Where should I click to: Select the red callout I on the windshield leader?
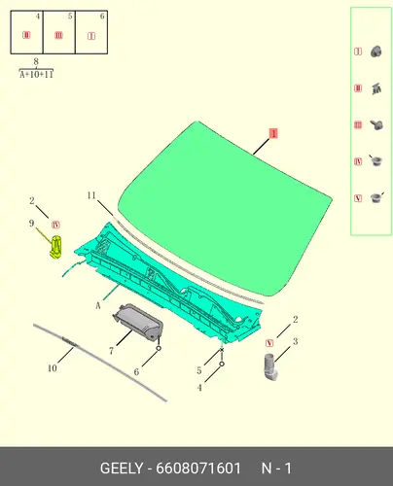tap(273, 133)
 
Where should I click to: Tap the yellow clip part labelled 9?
tap(55, 247)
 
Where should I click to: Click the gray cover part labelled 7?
tap(138, 322)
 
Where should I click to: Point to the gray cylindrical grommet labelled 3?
tap(270, 366)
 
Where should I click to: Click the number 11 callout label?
tap(91, 195)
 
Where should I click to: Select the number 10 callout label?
tap(53, 368)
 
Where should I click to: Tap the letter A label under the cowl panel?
tap(98, 305)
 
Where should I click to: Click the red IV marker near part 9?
tap(55, 225)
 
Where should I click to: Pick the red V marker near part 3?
tap(269, 343)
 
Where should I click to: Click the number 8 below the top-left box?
tap(36, 61)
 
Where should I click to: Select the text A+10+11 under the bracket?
tap(36, 75)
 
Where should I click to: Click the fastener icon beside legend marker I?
tap(376, 52)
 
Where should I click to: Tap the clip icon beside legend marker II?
tap(376, 88)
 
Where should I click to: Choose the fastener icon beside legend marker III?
tap(376, 125)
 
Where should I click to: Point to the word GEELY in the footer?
tap(122, 469)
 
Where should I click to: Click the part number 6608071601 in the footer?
tap(198, 469)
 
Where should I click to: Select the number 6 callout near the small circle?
tap(136, 372)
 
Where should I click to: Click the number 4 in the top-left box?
tap(38, 17)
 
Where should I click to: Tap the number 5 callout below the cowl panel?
tap(199, 370)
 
